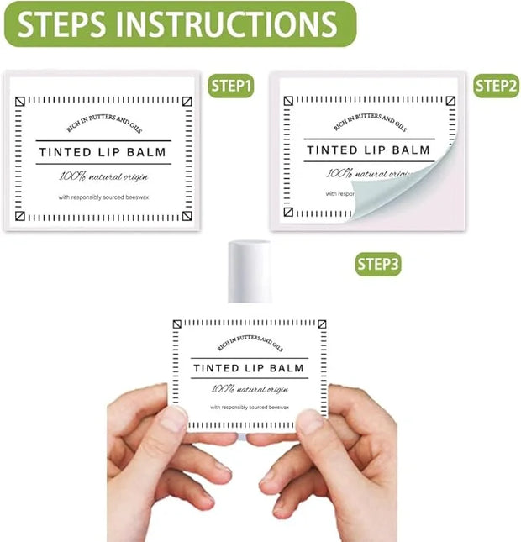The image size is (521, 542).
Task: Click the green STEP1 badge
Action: [x=231, y=86]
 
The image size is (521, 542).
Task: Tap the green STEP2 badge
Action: [x=496, y=86]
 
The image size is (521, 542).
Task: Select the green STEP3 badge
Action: [x=378, y=265]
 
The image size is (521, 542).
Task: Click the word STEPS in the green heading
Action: [x=62, y=24]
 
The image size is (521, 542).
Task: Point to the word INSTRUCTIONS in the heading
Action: [x=226, y=24]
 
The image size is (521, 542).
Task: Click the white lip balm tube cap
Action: [x=250, y=271]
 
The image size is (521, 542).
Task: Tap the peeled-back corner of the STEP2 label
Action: [x=401, y=187]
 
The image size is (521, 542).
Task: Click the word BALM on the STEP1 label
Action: [x=146, y=152]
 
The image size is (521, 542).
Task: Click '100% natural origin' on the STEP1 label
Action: [x=103, y=176]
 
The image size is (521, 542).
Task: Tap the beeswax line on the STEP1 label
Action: [x=103, y=197]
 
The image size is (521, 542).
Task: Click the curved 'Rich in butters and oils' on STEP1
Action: [x=103, y=123]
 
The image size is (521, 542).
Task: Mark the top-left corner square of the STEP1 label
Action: [x=20, y=102]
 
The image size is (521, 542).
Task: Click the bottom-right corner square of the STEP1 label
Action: [x=187, y=216]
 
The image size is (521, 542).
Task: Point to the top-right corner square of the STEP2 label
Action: [x=450, y=101]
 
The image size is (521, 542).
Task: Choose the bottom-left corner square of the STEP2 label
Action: [x=288, y=212]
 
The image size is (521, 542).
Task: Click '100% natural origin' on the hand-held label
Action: [x=250, y=389]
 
